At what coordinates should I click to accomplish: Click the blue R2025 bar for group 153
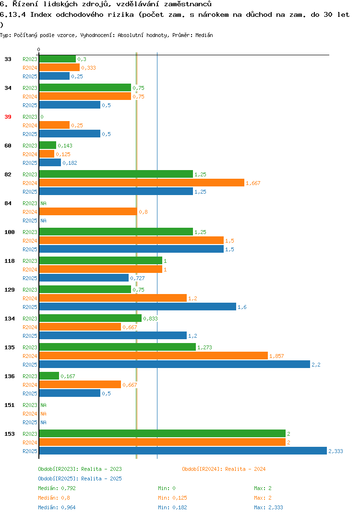coord(183,451)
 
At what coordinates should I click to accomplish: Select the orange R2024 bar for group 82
coord(142,183)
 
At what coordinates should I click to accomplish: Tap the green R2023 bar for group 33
coord(58,59)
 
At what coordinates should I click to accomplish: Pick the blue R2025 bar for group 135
coord(175,364)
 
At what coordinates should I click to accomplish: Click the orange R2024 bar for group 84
coord(88,211)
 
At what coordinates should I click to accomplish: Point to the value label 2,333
coord(336,451)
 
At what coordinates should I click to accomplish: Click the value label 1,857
coord(276,356)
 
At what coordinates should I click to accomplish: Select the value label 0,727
coord(137,278)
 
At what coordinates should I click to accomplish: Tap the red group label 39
coord(8,117)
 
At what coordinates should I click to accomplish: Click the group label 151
coord(10,405)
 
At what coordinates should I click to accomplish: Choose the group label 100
coord(10,232)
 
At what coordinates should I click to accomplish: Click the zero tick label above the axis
coord(38,49)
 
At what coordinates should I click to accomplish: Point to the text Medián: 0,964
coord(57,507)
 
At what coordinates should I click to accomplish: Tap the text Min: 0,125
coord(172,498)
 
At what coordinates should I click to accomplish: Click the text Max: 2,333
coord(268,507)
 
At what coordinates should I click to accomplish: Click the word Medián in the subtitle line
coord(204,35)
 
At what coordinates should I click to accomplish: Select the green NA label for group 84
coord(43,203)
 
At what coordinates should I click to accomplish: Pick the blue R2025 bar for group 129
coord(138,307)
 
